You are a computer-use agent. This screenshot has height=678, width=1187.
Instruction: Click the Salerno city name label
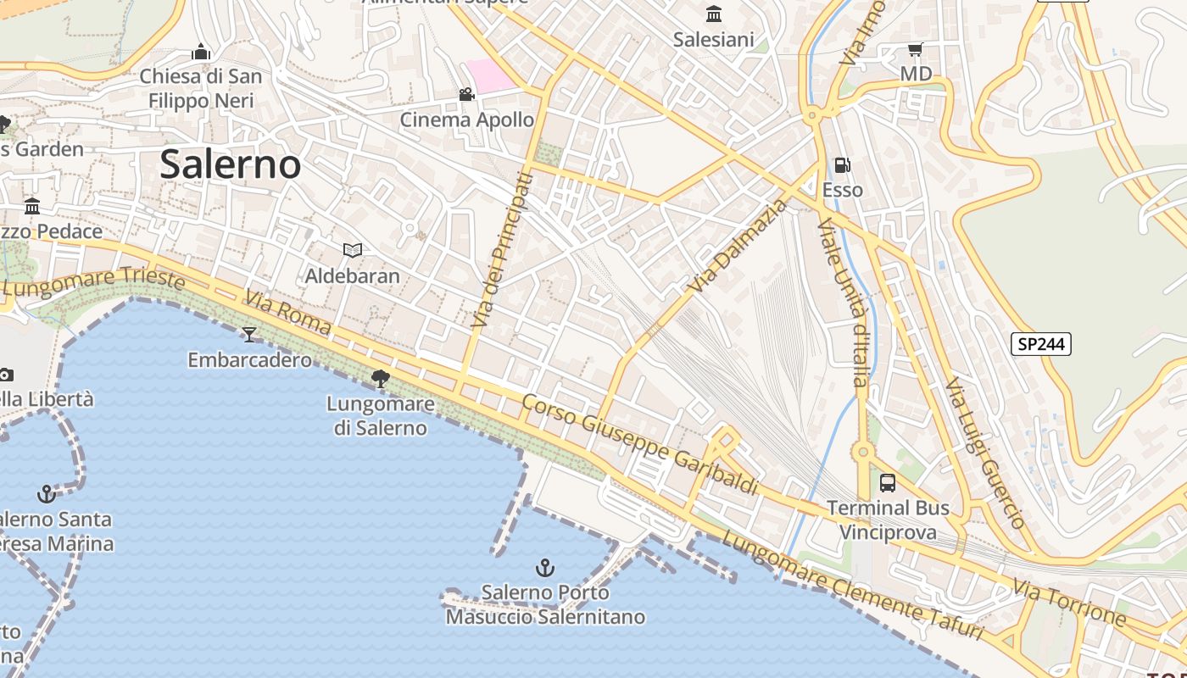(230, 164)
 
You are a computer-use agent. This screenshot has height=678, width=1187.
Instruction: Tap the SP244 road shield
(1041, 343)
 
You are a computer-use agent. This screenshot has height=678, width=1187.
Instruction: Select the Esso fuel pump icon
(842, 165)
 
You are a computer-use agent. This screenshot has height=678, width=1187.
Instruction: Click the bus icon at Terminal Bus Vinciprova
(888, 483)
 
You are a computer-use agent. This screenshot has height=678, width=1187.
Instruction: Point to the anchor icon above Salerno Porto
(545, 568)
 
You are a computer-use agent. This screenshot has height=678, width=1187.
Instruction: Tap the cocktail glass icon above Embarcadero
(248, 335)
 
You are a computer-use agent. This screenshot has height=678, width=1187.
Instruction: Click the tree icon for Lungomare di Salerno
(381, 378)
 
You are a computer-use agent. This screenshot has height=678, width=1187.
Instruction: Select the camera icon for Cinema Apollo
(466, 94)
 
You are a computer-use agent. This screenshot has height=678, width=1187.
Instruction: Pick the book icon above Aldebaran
(353, 250)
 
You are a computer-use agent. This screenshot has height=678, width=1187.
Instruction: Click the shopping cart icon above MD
(915, 50)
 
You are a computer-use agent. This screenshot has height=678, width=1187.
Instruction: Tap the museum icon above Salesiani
(714, 14)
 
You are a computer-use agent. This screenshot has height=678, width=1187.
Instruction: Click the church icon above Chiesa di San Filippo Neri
(201, 52)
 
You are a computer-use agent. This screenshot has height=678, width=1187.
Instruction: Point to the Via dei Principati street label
(503, 250)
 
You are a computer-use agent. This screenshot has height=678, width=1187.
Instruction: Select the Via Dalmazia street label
(737, 247)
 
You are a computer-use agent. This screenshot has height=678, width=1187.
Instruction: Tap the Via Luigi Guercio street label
(986, 453)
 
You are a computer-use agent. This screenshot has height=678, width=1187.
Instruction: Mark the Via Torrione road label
(1069, 603)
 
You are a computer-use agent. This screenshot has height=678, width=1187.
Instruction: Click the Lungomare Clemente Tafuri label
(852, 586)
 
